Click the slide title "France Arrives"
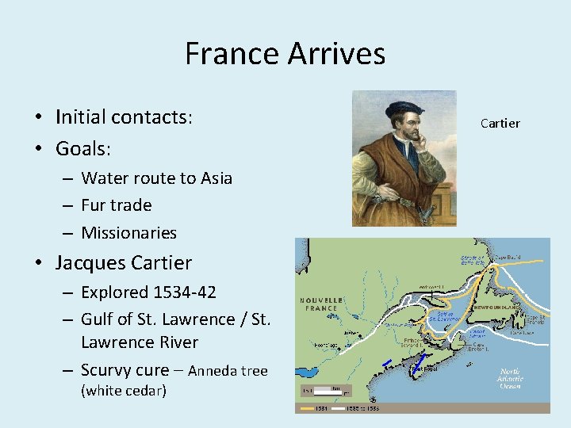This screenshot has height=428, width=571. [285, 54]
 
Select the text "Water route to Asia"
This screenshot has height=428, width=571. [156, 178]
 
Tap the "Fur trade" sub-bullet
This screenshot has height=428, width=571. [116, 205]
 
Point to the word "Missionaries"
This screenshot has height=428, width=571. [128, 233]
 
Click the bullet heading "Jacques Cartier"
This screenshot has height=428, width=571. [123, 262]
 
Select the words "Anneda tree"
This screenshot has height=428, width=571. [228, 371]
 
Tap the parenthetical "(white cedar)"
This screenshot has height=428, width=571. [123, 391]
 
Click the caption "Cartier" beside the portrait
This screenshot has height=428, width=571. [500, 123]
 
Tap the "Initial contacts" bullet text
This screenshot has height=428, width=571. [123, 117]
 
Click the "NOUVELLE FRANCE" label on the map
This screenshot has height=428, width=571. [321, 304]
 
